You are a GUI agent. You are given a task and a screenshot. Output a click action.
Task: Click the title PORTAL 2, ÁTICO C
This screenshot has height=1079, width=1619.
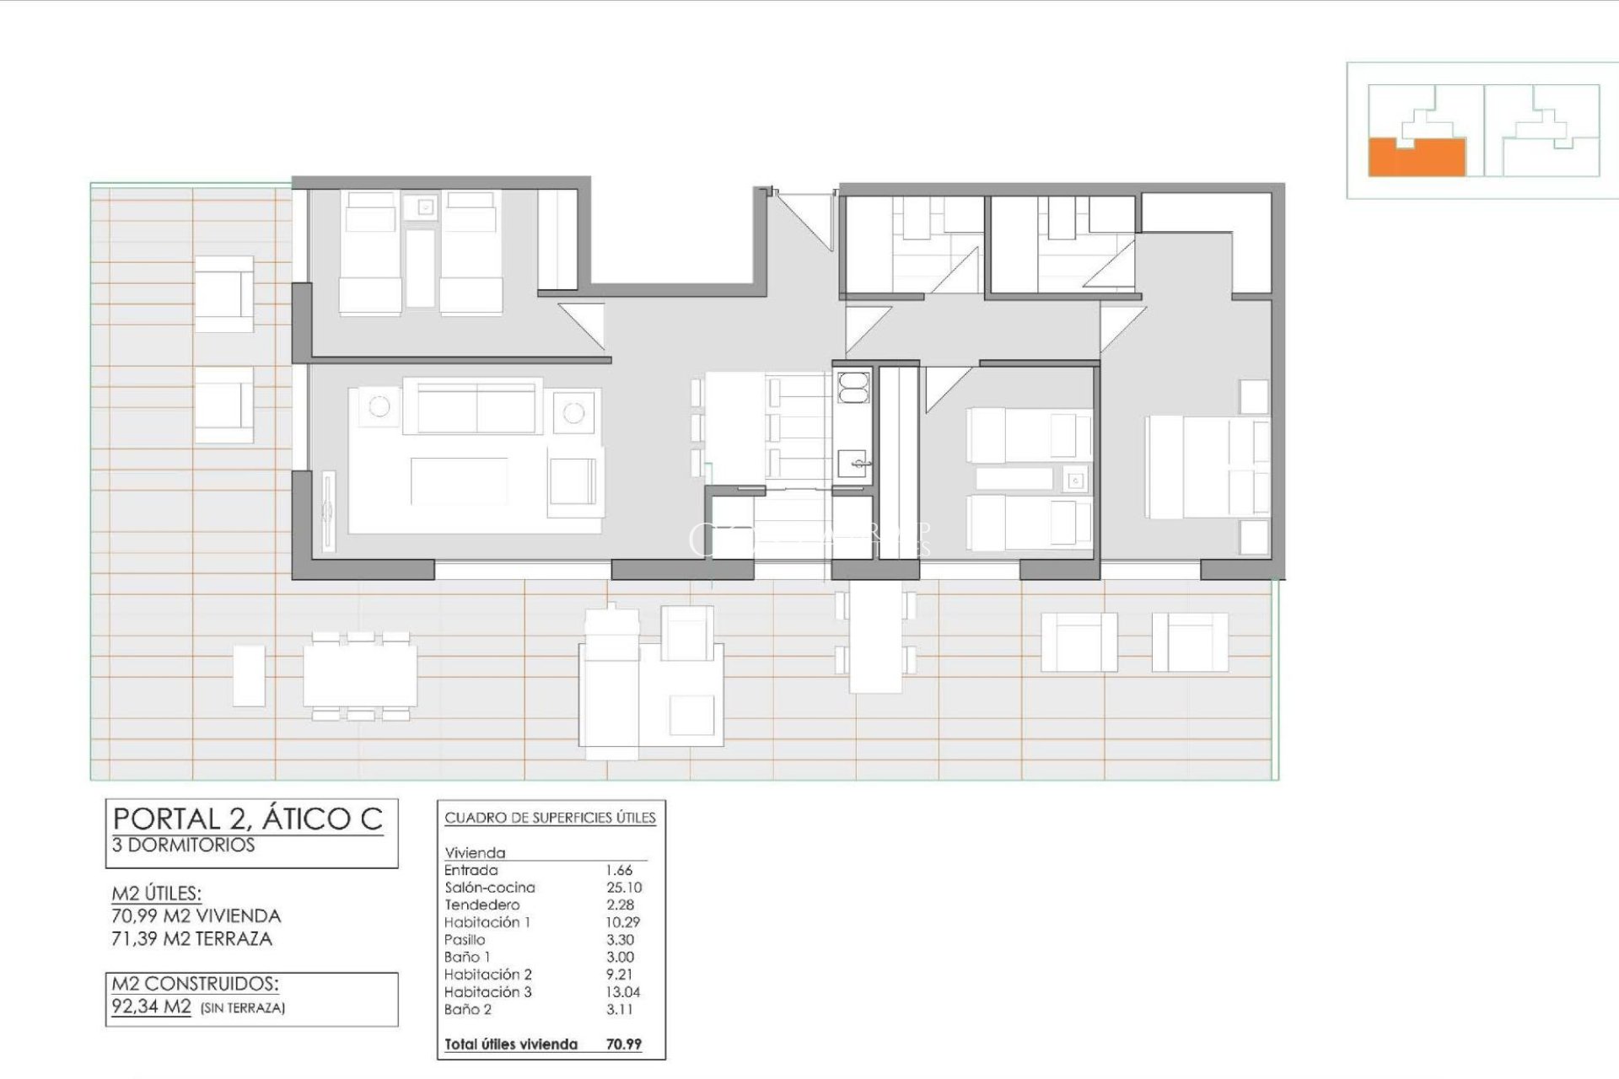pos(248,819)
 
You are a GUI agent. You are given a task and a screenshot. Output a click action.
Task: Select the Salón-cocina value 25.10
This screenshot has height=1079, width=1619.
pos(623,888)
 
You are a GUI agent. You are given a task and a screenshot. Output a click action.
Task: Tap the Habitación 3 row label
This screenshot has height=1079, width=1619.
pos(487,992)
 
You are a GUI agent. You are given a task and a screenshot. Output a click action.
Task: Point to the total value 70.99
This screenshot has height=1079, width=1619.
pos(623,1044)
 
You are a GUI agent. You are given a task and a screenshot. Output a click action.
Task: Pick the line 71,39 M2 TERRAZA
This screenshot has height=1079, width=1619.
pos(192,939)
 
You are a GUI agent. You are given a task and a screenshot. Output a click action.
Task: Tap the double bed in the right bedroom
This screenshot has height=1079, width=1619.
pos(1206,468)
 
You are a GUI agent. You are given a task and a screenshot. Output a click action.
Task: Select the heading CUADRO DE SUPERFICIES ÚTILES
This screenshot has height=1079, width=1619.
pos(550,818)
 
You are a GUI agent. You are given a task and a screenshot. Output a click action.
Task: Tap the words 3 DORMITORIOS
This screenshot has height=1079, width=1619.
pos(183,845)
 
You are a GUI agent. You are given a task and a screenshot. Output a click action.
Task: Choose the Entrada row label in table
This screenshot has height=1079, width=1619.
pos(471,870)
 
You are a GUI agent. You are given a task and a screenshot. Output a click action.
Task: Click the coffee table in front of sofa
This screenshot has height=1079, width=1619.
pos(459,481)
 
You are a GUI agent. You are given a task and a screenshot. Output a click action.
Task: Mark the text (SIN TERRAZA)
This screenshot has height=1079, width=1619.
pos(243,1008)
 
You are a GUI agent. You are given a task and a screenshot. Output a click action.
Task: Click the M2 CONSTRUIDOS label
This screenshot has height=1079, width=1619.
pos(195,984)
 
